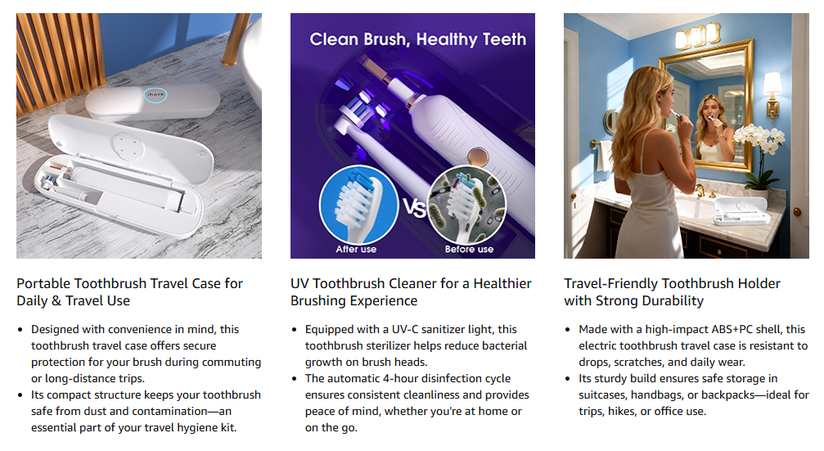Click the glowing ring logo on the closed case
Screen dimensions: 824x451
(x=155, y=95)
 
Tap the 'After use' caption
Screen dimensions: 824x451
(x=356, y=249)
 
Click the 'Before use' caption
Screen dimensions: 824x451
(x=470, y=249)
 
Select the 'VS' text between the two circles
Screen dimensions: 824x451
(x=414, y=208)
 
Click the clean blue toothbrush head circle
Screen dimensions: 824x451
(x=359, y=205)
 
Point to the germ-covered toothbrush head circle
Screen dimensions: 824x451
(x=467, y=205)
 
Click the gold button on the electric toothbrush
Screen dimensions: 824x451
(x=478, y=156)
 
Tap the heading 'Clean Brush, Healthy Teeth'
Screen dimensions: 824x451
(x=418, y=39)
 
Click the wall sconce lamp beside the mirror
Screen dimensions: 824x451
(x=772, y=95)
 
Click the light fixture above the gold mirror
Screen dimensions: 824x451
(x=698, y=36)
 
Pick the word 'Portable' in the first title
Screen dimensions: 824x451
(x=43, y=284)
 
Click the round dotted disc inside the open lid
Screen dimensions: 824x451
(x=128, y=145)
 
